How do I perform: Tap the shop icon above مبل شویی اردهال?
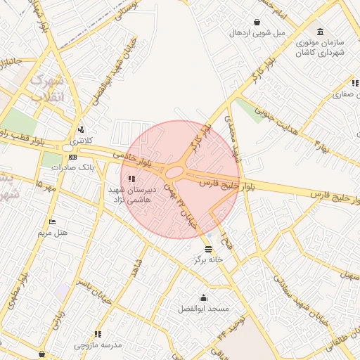(259, 22)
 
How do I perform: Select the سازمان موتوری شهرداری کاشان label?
(323, 47)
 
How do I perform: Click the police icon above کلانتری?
(82, 129)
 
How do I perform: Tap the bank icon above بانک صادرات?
(73, 156)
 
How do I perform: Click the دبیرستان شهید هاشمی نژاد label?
(127, 195)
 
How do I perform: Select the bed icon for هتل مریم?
(53, 221)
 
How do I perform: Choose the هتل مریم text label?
(53, 232)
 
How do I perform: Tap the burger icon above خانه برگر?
(208, 249)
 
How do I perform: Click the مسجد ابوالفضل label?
(204, 309)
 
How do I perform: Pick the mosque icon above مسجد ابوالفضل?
(204, 297)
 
